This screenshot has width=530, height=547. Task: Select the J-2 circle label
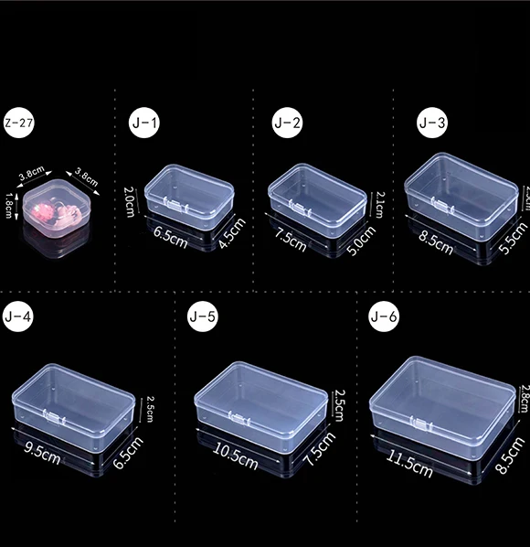[x=288, y=122]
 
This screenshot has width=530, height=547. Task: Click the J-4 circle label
[x=18, y=317]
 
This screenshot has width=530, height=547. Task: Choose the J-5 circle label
[x=202, y=317]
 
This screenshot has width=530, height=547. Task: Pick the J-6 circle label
[x=385, y=317]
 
